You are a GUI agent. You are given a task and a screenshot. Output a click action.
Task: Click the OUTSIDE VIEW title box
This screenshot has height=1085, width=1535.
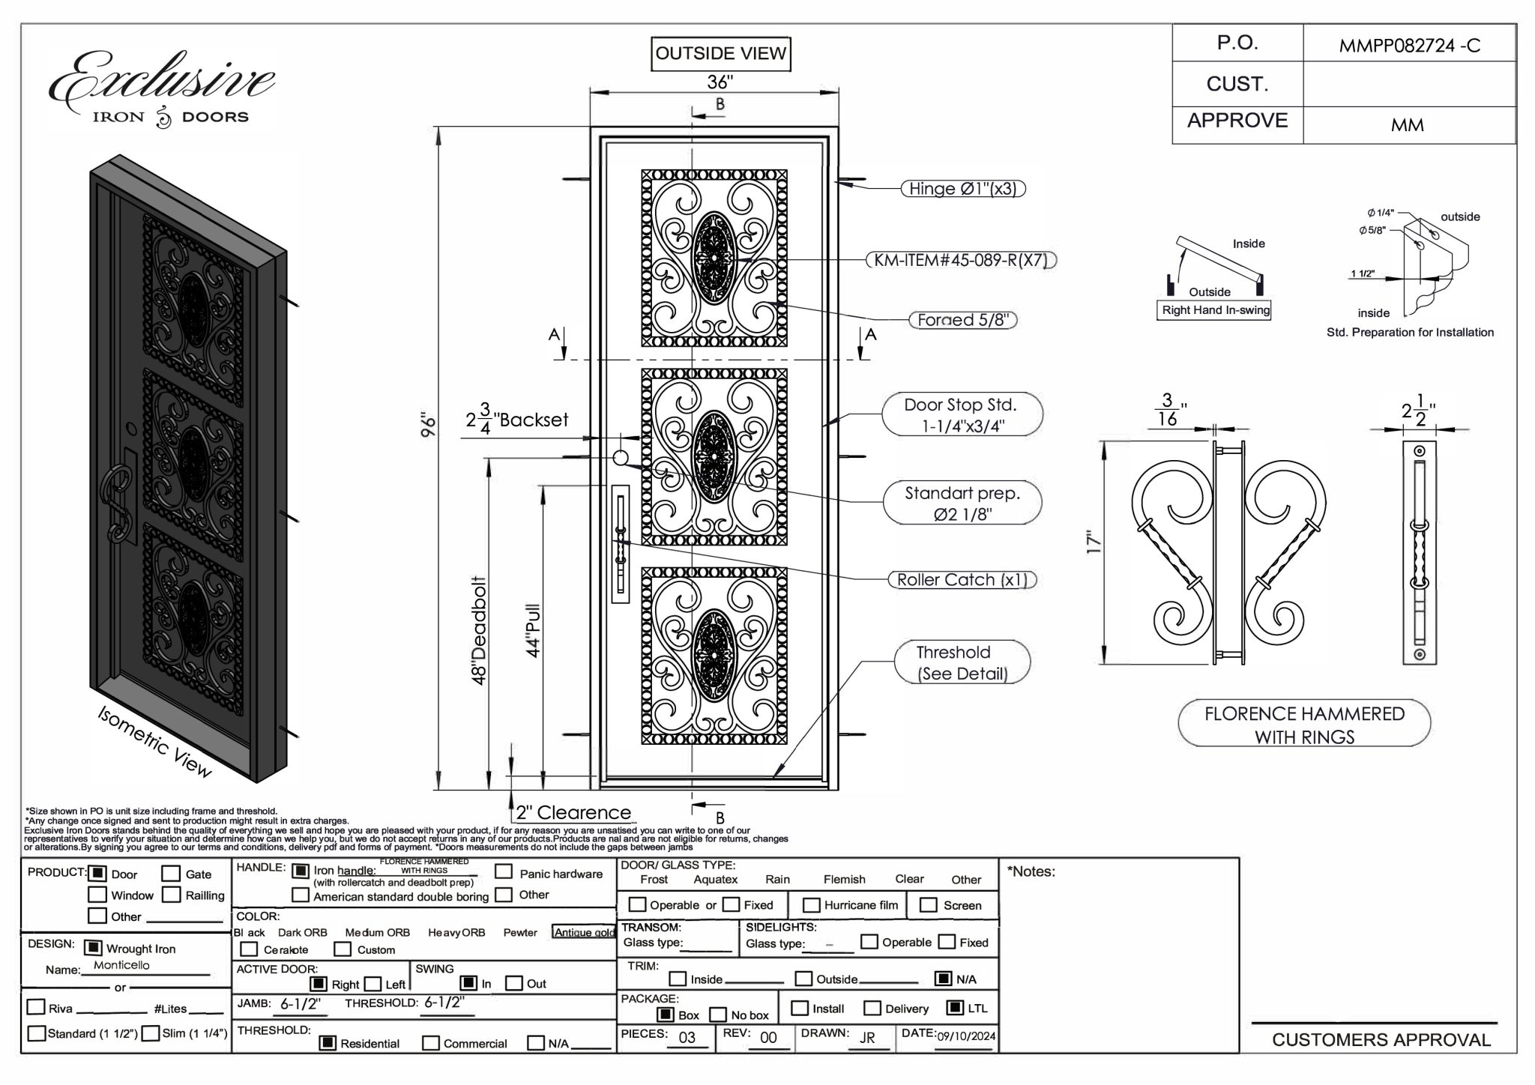tap(720, 54)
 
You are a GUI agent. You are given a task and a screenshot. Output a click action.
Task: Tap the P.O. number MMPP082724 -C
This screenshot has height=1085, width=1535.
tap(1409, 46)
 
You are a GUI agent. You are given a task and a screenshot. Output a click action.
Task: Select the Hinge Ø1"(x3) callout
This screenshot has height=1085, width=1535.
tap(962, 189)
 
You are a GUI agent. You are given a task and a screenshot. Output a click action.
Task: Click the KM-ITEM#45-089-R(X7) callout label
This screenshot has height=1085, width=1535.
tap(961, 261)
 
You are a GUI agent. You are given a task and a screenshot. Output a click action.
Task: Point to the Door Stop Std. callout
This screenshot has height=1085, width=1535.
tap(962, 414)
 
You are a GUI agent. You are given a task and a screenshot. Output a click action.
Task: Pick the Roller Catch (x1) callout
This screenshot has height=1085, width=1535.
tap(962, 580)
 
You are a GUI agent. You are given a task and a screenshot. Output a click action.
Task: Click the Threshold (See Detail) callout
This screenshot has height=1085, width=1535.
tap(962, 662)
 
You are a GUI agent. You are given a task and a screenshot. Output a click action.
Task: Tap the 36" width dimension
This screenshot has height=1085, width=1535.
tap(720, 82)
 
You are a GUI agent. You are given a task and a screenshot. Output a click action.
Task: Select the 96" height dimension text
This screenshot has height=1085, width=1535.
tap(428, 425)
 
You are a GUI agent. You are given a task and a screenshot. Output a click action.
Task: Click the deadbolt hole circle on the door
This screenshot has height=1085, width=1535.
tap(620, 458)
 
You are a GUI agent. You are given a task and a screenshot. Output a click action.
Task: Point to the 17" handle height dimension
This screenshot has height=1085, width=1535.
tap(1094, 542)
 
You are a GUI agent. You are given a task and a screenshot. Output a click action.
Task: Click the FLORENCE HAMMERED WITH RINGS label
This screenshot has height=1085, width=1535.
tap(1304, 724)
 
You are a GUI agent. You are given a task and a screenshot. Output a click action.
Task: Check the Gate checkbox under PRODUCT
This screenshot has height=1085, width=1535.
tap(172, 874)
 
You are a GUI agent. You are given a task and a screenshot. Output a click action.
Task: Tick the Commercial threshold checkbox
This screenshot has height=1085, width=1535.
tap(431, 1043)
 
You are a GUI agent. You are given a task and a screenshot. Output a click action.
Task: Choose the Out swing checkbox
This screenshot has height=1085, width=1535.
tap(514, 983)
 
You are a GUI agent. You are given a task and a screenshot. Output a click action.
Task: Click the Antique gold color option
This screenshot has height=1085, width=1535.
tap(584, 932)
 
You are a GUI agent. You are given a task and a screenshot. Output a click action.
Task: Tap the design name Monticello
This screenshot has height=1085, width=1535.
tap(121, 965)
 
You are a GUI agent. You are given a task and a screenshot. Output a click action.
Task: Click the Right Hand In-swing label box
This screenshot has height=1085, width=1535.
tap(1216, 310)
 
